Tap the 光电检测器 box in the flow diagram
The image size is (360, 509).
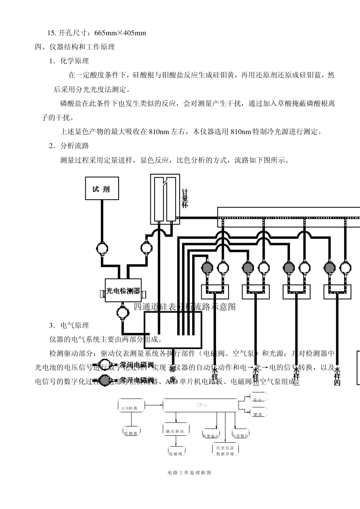click(123, 291)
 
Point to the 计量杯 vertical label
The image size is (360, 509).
click(185, 198)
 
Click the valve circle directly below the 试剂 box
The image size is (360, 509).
click(102, 248)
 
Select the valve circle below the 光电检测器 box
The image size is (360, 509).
click(122, 312)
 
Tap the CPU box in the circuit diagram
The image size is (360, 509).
click(201, 405)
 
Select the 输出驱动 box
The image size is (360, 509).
click(175, 431)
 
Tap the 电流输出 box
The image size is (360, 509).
click(240, 435)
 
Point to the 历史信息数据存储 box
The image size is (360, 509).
click(225, 450)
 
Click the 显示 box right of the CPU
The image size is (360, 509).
click(258, 399)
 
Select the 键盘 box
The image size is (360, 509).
click(258, 414)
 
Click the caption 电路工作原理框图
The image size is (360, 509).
click(189, 473)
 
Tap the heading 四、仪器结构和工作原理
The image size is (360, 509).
click(75, 47)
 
